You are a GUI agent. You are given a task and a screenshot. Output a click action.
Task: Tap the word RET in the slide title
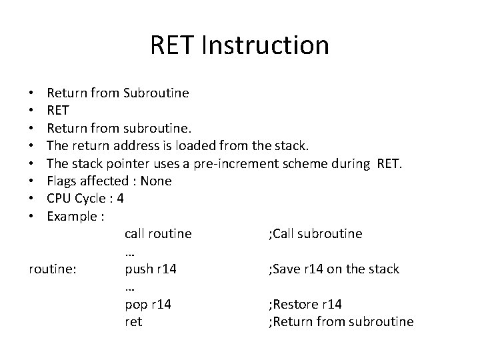click(x=173, y=46)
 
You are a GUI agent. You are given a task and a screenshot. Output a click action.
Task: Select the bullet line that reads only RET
click(x=58, y=110)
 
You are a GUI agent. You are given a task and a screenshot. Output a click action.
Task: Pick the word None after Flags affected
click(x=157, y=181)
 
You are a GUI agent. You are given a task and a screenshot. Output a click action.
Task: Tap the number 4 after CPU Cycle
click(x=120, y=199)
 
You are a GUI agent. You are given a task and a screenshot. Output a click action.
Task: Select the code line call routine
click(x=158, y=234)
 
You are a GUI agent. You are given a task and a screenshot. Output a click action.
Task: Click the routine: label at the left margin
click(x=53, y=269)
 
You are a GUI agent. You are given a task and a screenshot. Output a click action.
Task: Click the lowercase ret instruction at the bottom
click(x=133, y=322)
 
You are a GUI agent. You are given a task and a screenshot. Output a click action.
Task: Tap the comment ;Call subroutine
click(x=315, y=234)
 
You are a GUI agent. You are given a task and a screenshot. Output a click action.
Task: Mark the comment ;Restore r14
click(x=305, y=305)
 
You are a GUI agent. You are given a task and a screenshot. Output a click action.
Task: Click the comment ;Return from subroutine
click(x=340, y=322)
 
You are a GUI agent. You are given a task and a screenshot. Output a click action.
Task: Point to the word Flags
click(x=63, y=181)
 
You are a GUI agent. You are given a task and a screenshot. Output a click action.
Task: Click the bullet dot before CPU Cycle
click(x=32, y=199)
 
